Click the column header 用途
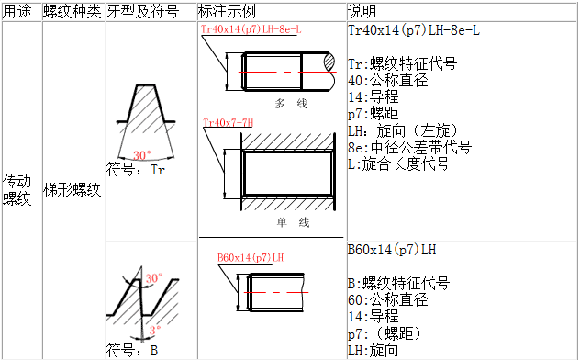tap(17, 12)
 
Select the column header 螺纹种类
tap(72, 12)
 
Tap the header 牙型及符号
tap(143, 12)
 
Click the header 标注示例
tap(227, 12)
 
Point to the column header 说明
tap(362, 12)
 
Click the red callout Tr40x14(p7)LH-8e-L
tap(251, 29)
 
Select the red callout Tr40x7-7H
tap(229, 122)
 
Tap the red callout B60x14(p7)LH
tap(251, 257)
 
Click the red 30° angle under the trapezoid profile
tap(142, 155)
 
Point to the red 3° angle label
tap(155, 330)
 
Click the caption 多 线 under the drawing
tap(291, 103)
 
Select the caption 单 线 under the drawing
tap(293, 222)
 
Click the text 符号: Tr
tap(136, 170)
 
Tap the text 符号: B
tap(132, 350)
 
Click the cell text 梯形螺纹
tap(72, 190)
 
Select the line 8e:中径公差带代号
tap(410, 147)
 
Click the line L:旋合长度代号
tap(399, 163)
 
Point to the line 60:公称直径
tap(388, 299)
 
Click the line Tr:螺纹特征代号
tap(403, 63)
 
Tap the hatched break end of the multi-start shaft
tap(330, 62)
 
